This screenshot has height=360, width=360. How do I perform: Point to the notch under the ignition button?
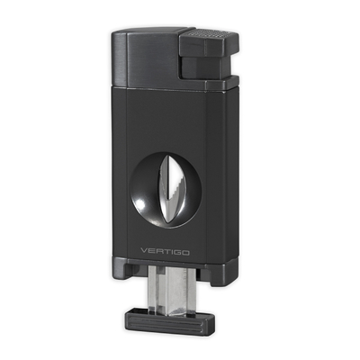click(x=187, y=59)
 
